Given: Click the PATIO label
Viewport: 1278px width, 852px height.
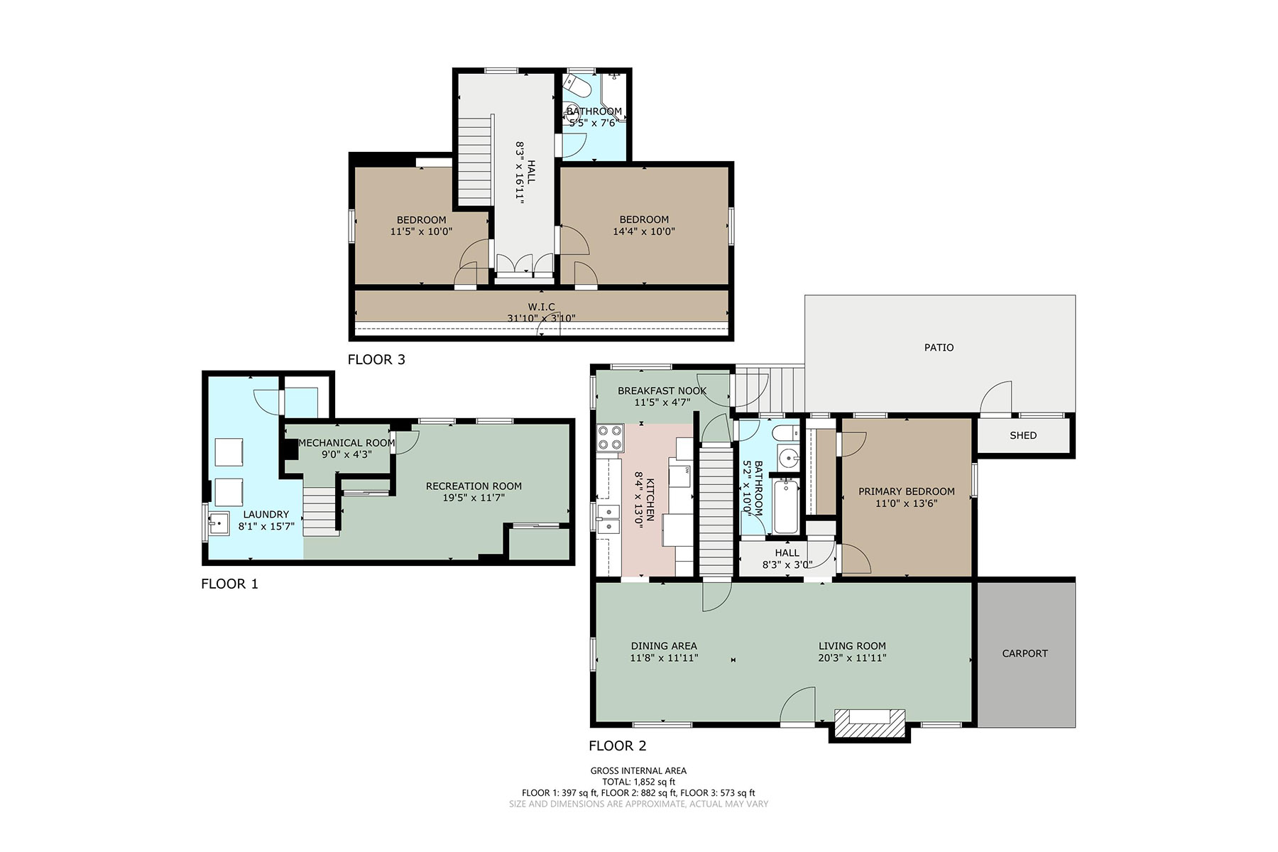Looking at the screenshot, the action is [x=939, y=347].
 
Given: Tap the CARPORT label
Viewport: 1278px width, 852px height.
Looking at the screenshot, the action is [x=1025, y=653].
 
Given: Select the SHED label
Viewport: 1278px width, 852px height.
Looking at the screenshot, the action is [x=1023, y=435].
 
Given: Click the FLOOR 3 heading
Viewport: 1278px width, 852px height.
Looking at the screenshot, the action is [x=376, y=359].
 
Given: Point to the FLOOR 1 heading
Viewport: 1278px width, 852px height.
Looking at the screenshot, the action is [x=229, y=584].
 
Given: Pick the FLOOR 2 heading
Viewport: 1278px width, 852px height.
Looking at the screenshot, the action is [x=618, y=745].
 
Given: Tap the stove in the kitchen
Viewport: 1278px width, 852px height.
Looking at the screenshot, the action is [x=610, y=438].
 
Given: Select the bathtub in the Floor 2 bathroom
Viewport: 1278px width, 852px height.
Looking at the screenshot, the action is [x=786, y=506].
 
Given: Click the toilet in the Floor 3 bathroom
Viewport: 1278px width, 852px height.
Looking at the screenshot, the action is [x=579, y=87].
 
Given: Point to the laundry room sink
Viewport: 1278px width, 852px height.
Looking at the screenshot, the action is [x=218, y=524].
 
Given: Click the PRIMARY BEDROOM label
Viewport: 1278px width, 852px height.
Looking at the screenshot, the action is [x=907, y=491].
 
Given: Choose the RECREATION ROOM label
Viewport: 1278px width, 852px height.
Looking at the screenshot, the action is [x=474, y=486].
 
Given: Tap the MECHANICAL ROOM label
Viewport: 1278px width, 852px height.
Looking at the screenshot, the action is [x=346, y=442].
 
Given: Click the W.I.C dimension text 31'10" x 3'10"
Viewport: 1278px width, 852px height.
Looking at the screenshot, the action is [x=541, y=318].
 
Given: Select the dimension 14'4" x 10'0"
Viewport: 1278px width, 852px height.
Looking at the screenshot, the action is [x=644, y=231].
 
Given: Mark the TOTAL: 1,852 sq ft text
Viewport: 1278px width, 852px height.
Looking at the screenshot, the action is [x=638, y=782].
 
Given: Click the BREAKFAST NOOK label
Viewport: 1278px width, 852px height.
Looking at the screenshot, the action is [x=662, y=390].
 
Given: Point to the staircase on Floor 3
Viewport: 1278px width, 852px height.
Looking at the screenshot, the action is [x=473, y=160].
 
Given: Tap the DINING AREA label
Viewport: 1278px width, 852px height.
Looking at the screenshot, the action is [x=664, y=646].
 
